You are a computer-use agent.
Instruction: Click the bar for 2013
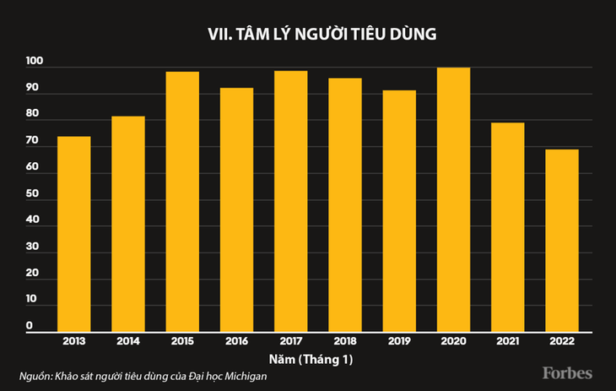pyautogui.click(x=74, y=234)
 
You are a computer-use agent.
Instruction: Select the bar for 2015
pyautogui.click(x=182, y=202)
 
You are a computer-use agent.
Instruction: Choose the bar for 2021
pyautogui.click(x=508, y=227)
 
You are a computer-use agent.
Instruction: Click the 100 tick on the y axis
pyautogui.click(x=35, y=62)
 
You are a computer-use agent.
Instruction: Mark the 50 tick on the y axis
pyautogui.click(x=32, y=194)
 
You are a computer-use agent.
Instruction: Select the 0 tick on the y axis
pyautogui.click(x=29, y=326)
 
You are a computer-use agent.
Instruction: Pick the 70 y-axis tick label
pyautogui.click(x=32, y=141)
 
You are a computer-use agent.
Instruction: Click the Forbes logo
pyautogui.click(x=566, y=372)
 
